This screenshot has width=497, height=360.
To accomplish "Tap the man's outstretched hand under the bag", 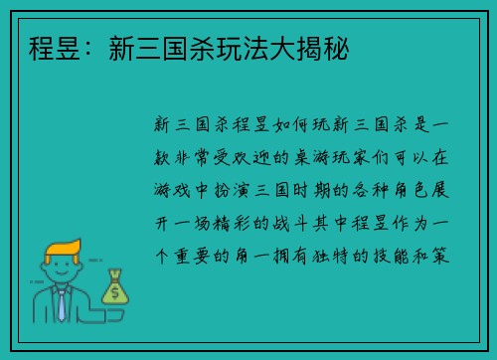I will pos(111,310).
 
